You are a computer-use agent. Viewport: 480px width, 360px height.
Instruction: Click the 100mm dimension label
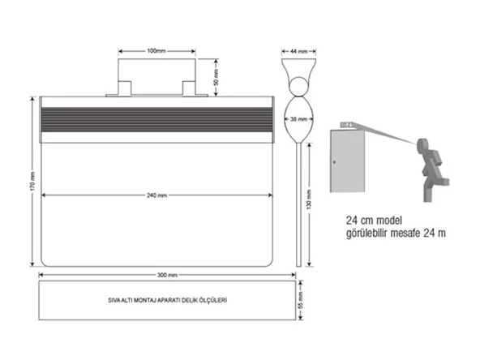(157, 51)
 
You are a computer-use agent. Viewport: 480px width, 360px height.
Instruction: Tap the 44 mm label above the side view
(298, 51)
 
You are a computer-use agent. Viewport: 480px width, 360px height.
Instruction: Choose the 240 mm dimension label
(157, 195)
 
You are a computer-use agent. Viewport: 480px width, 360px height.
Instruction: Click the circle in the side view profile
(298, 85)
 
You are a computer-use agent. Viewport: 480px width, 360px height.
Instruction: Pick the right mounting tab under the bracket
(189, 87)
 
